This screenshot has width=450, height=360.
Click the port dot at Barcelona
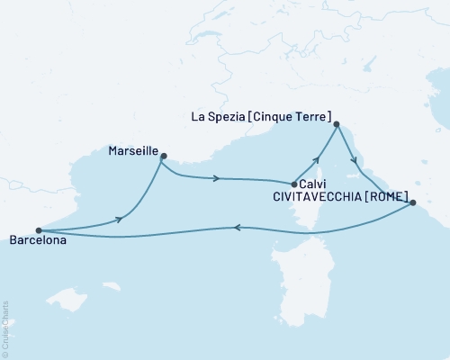[38, 230]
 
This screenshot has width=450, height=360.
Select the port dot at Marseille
[163, 157]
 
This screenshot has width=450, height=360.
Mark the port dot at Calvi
[294, 184]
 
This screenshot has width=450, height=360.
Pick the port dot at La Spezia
[336, 125]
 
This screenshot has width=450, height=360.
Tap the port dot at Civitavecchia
[412, 203]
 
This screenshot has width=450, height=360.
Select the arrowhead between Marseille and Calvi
[217, 178]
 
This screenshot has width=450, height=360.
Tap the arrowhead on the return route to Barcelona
[238, 228]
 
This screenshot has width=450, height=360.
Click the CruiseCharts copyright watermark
[6, 328]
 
